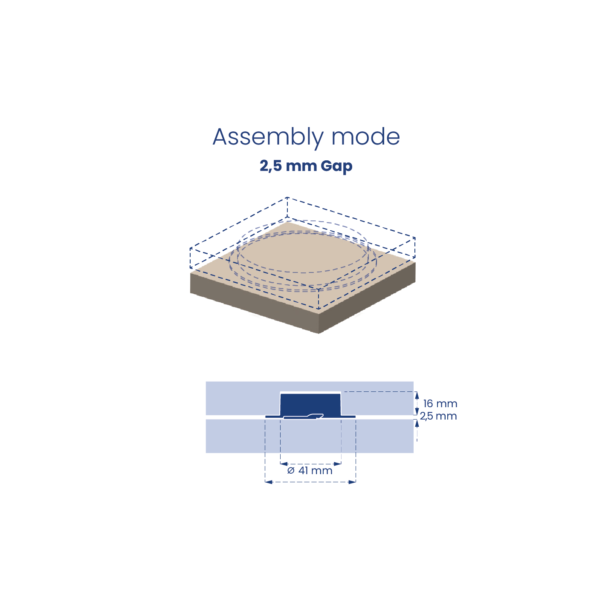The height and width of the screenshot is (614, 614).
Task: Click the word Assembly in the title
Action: point(268,138)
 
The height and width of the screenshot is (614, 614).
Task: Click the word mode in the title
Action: point(365,136)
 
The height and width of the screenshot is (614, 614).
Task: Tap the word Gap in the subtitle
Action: point(336,166)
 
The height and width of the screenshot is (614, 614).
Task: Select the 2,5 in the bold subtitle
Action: point(271,166)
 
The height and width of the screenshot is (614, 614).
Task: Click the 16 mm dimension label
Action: point(440,404)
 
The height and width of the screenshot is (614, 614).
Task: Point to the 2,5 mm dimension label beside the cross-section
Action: point(438,416)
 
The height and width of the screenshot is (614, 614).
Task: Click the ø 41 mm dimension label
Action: point(310,471)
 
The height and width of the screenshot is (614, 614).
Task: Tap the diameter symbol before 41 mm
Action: point(291,471)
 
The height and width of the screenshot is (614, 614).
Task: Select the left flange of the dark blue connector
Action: point(273,417)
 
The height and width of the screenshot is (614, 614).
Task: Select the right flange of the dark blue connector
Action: point(348,417)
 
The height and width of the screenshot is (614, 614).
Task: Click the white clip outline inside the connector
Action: point(303,417)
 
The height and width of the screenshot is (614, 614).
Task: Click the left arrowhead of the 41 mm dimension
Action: point(284,464)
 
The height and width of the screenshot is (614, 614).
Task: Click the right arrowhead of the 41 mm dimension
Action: point(337,464)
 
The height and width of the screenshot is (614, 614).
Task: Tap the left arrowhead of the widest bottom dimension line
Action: point(269,482)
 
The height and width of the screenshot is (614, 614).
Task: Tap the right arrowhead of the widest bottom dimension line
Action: point(352,482)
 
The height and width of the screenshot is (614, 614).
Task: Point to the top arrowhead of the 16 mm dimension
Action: point(417,395)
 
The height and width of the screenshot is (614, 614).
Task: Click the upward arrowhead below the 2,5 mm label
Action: point(417,423)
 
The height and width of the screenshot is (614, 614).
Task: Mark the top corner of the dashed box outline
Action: point(287,197)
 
